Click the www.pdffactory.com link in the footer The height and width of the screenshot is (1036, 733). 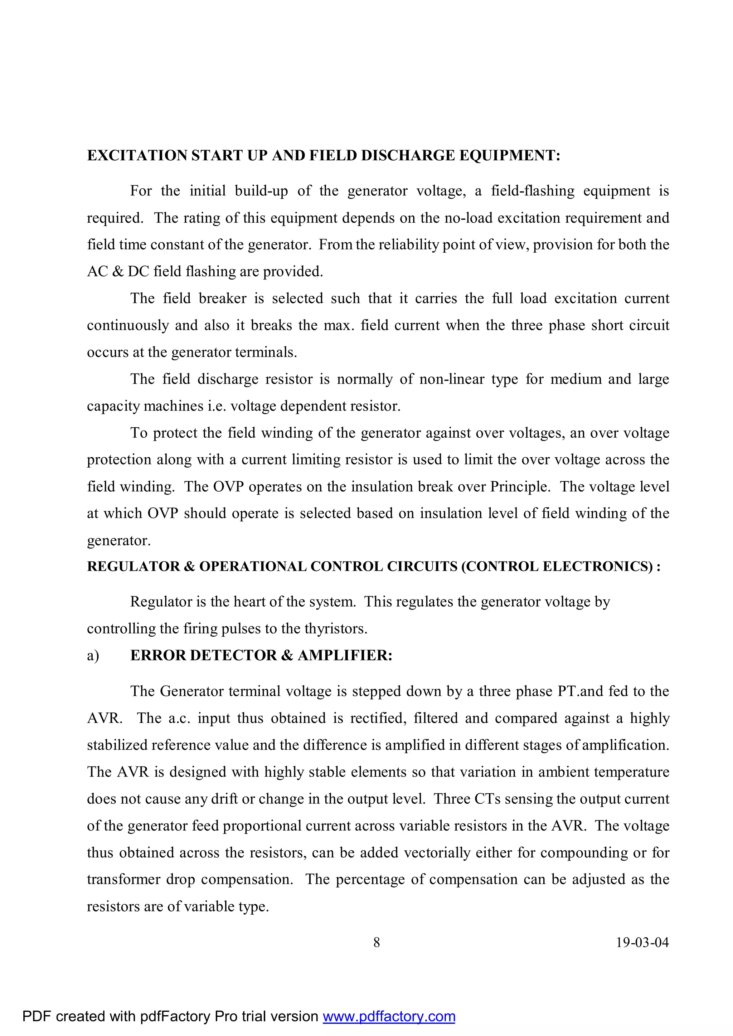(389, 1016)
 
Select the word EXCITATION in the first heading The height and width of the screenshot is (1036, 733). (137, 156)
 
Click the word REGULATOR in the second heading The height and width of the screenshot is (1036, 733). (133, 567)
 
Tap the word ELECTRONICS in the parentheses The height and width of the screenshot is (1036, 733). (597, 567)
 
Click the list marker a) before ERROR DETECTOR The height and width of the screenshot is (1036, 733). (93, 656)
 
